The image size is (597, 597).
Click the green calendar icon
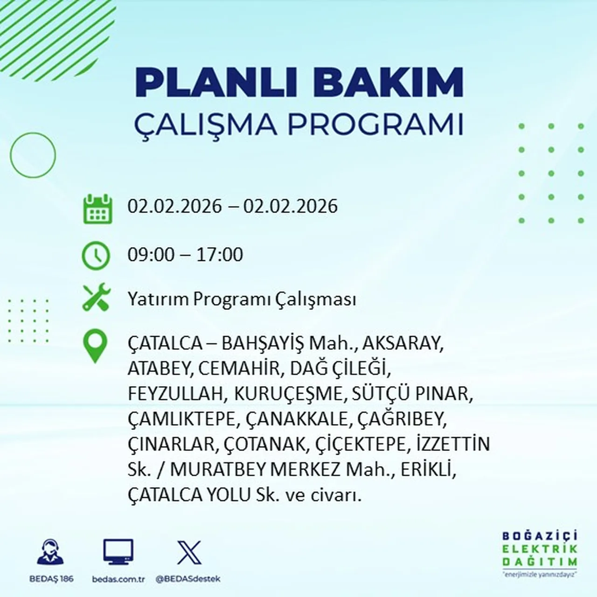97,208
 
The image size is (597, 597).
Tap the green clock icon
96,256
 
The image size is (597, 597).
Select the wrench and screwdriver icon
96,298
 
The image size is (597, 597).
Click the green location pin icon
95,346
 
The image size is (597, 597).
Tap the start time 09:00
151,255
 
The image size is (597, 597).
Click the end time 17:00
220,255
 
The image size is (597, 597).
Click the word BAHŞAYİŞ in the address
263,344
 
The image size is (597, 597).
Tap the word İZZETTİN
450,444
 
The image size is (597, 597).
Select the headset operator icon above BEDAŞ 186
50,553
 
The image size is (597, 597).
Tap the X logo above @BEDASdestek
189,553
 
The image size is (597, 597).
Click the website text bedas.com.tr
118,579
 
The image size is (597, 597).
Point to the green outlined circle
33,155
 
